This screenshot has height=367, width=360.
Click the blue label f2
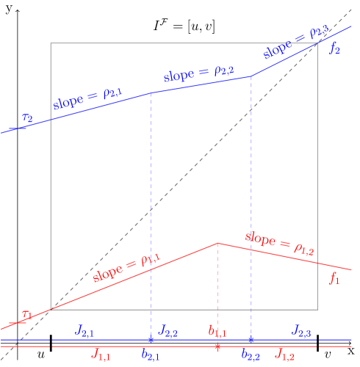334,49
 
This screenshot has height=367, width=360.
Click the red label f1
334,277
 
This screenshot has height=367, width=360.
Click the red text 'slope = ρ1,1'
127,267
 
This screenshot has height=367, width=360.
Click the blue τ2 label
27,117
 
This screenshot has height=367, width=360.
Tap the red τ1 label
26,316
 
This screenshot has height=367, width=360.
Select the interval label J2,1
84,330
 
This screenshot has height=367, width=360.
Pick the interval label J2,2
168,330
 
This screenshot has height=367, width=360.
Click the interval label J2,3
302,330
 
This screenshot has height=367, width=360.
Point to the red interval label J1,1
101,354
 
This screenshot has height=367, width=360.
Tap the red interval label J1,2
284,354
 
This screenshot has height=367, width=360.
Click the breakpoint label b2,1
151,355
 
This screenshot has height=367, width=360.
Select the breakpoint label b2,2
251,355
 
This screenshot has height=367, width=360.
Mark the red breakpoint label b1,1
217,331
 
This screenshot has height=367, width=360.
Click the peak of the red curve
217,243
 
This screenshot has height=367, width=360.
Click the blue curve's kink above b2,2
251,76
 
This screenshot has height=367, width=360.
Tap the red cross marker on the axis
217,346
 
